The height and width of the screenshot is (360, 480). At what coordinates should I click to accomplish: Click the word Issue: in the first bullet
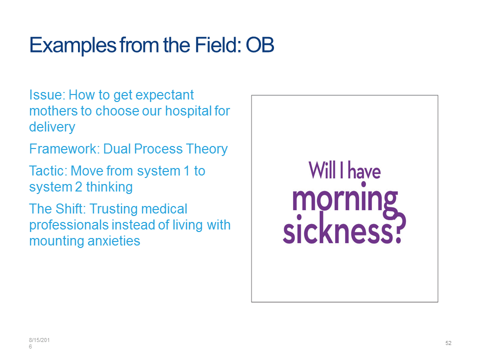pyautogui.click(x=47, y=95)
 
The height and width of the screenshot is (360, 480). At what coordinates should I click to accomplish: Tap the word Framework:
pyautogui.click(x=64, y=149)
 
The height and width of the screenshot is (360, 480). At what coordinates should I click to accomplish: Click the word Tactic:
pyautogui.click(x=48, y=171)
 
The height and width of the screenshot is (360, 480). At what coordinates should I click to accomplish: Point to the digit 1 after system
pyautogui.click(x=186, y=171)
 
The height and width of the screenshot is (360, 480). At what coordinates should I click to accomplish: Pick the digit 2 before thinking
pyautogui.click(x=78, y=187)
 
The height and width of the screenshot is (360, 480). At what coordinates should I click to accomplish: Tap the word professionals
pyautogui.click(x=69, y=225)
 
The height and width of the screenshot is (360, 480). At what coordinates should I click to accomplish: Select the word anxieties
pyautogui.click(x=114, y=241)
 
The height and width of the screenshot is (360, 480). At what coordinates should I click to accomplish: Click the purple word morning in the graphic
pyautogui.click(x=345, y=201)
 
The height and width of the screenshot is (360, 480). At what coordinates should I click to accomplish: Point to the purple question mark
pyautogui.click(x=399, y=228)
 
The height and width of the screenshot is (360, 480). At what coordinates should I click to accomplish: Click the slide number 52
pyautogui.click(x=448, y=343)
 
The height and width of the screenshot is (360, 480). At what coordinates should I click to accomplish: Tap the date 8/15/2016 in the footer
pyautogui.click(x=39, y=343)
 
